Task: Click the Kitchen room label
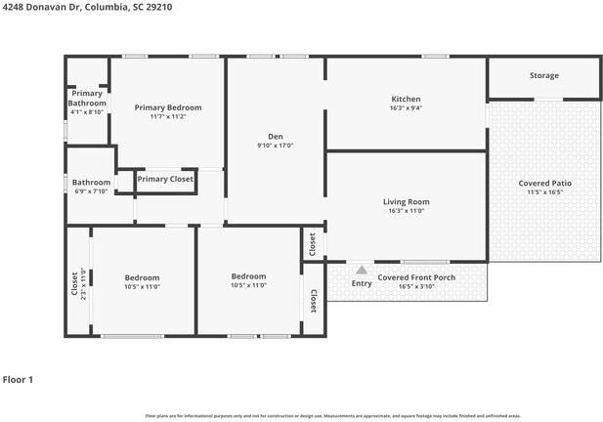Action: coord(406,100)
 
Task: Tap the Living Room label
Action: coord(406,202)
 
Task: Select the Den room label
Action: coord(276,136)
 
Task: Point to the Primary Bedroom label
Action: coord(168,107)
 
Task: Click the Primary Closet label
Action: coord(165,179)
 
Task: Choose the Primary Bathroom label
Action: coord(87,98)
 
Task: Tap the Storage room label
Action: coord(544,75)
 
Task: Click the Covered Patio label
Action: coord(545,183)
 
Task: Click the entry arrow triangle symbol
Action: coord(362,270)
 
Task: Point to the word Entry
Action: coord(362,283)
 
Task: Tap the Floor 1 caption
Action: coord(18,379)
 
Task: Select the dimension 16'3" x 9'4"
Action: coord(406,109)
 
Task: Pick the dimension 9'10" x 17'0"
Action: coord(276,146)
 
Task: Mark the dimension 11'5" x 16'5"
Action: coord(545,192)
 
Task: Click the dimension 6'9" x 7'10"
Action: coord(91,191)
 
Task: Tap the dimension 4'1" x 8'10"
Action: coord(87,112)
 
